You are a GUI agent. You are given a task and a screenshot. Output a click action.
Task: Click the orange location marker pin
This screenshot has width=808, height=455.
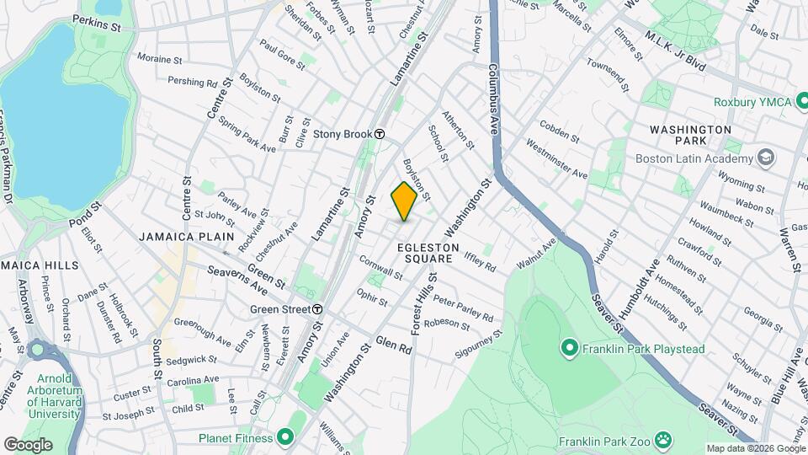point(404,201)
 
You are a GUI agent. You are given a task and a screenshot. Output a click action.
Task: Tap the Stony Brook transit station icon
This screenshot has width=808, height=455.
point(380,134)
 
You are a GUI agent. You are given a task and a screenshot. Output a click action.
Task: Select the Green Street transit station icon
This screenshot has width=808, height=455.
point(318,309)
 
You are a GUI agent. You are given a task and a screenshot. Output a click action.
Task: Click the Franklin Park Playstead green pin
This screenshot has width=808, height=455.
point(569,346)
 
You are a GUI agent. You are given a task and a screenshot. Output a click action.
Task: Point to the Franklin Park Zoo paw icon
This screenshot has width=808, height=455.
point(664,438)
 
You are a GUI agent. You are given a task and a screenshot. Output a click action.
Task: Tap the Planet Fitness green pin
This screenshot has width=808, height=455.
point(284,438)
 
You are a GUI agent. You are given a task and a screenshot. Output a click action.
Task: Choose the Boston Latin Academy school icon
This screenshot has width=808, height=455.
point(766,157)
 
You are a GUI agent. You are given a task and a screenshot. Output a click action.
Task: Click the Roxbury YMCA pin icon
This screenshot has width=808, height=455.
point(801,102)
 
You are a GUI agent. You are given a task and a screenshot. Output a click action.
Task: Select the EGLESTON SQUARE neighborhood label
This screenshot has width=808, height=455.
point(428,254)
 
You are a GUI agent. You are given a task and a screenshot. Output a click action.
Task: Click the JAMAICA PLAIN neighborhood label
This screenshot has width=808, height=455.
point(186,237)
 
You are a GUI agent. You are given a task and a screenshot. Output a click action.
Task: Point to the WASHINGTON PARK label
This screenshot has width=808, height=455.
point(690,136)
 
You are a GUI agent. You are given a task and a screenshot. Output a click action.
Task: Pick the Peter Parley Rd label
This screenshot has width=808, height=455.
point(463,308)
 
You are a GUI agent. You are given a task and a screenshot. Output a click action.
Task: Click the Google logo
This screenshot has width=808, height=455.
point(29,445)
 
